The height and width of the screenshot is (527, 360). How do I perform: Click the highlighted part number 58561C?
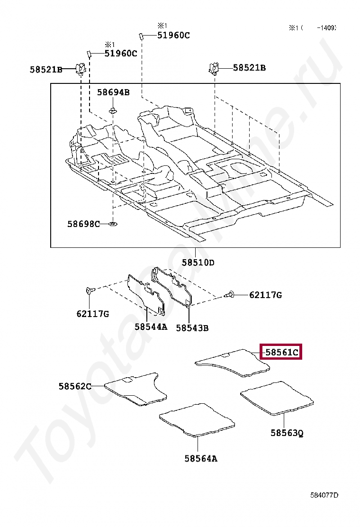(282, 352)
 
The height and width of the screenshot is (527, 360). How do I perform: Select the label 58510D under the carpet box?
(198, 263)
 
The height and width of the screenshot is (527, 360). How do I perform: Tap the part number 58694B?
(113, 92)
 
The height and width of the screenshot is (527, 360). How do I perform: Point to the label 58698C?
(83, 224)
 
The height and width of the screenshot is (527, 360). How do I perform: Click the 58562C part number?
(75, 386)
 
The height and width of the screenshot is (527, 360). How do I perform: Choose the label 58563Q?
(287, 433)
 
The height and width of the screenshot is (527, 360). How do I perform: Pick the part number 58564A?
(201, 458)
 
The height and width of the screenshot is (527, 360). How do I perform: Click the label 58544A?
(151, 327)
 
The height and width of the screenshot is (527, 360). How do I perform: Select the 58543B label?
(192, 327)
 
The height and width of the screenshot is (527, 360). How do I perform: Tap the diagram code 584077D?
(324, 495)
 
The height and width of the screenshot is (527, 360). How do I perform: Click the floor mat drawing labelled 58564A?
(198, 419)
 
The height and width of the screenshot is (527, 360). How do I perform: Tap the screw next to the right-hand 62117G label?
(231, 295)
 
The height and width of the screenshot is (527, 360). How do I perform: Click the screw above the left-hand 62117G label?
(90, 290)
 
